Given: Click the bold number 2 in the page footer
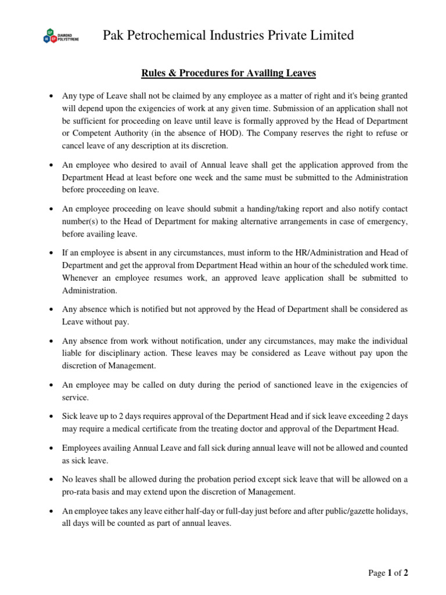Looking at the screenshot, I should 406,574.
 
